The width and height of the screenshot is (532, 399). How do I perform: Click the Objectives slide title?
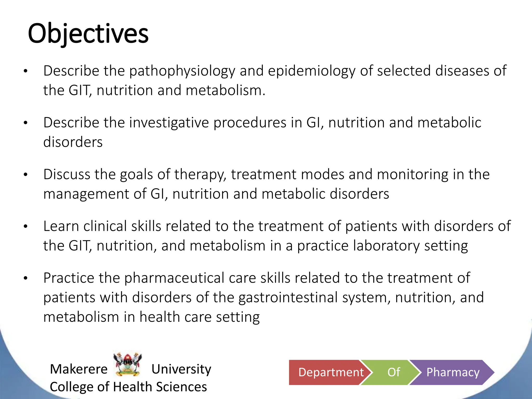(88, 34)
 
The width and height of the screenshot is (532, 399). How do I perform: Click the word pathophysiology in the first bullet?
(182, 71)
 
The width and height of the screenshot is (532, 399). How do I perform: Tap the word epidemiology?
(311, 71)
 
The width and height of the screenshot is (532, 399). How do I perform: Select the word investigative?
(169, 123)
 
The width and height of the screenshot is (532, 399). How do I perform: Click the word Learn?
(61, 226)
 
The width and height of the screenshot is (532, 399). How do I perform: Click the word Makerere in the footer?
(79, 369)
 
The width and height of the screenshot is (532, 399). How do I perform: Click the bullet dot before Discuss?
(25, 175)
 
